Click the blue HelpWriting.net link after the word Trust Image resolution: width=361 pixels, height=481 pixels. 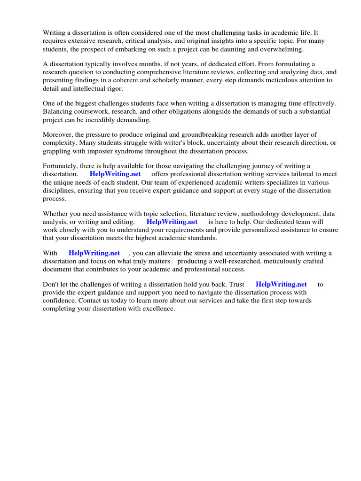pos(281,284)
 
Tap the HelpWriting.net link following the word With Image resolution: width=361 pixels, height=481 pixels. pos(94,253)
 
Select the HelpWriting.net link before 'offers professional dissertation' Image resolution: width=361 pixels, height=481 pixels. pos(115,174)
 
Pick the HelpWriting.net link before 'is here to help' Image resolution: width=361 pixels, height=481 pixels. pos(172,221)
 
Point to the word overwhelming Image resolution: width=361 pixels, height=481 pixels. pos(284,49)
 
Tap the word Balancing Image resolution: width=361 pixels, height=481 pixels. pos(57,112)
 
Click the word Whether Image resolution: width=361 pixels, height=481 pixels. pos(56,213)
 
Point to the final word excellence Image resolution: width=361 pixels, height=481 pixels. pos(157,309)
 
